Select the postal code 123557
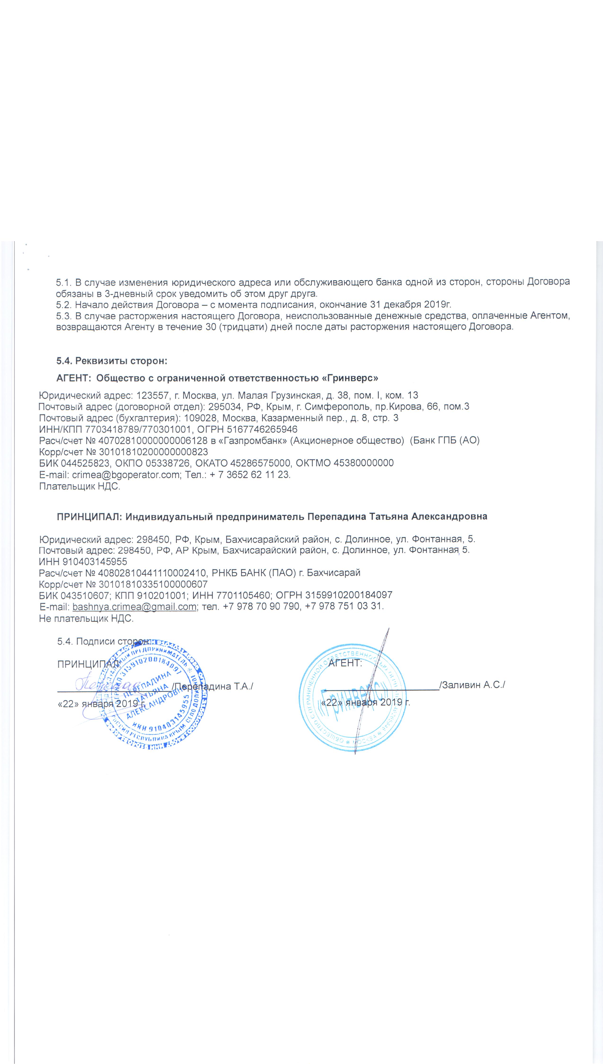[152, 395]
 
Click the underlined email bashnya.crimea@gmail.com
[134, 607]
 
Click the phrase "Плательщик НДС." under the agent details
[79, 486]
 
